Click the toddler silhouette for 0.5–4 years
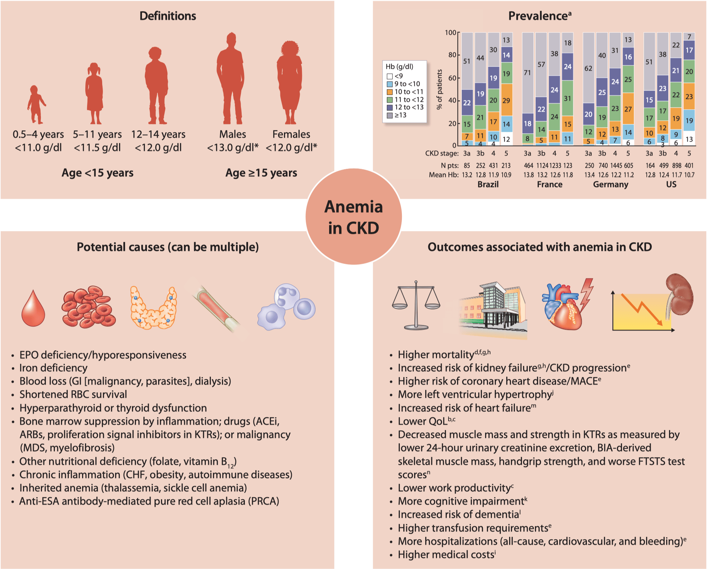tap(36, 105)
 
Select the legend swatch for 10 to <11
tap(390, 92)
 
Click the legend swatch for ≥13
tap(390, 115)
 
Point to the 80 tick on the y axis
tap(458, 55)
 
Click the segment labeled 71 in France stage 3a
tap(528, 73)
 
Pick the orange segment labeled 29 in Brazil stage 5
tap(506, 100)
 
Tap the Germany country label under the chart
tap(611, 185)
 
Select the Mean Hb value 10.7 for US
tap(689, 175)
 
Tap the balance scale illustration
tap(416, 305)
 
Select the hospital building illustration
tap(493, 310)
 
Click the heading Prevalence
tap(540, 16)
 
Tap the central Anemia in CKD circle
tap(353, 217)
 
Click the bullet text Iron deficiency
tap(53, 368)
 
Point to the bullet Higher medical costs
tap(447, 555)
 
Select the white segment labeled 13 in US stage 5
tap(689, 138)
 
